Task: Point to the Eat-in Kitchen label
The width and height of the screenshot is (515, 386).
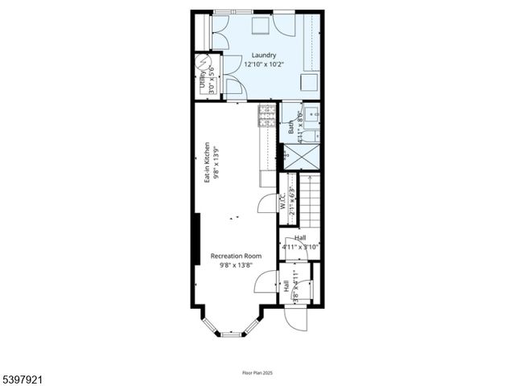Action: click(207, 163)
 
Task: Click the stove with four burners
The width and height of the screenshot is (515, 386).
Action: click(266, 117)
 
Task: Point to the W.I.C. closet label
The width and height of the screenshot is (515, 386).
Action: click(283, 200)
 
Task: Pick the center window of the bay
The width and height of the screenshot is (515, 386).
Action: click(232, 333)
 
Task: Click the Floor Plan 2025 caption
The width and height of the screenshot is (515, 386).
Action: click(257, 372)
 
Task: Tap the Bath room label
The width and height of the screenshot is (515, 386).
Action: click(291, 126)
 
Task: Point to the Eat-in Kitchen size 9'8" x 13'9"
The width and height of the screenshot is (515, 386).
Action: click(216, 163)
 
